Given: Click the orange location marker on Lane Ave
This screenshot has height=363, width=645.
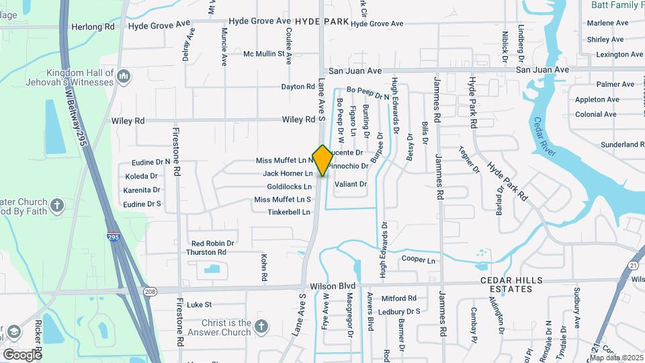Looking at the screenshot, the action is click(322, 160).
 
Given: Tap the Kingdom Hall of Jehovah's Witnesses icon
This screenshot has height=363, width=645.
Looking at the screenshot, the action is click(123, 78).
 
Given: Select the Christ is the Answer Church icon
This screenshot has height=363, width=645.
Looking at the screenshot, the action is click(261, 327).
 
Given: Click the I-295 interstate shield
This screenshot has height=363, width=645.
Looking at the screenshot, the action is click(113, 236).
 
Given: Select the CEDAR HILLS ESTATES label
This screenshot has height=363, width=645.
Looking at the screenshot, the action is click(515, 284).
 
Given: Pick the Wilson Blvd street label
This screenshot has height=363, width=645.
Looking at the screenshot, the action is click(331, 286).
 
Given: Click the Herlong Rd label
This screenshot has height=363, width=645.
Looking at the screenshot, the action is click(93, 27).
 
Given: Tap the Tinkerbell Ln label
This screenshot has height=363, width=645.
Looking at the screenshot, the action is click(289, 212).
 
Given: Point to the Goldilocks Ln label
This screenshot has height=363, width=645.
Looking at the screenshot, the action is click(289, 186).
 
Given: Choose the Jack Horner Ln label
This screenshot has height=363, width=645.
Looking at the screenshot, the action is click(288, 173).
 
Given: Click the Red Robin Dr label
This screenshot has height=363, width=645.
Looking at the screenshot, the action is click(212, 243).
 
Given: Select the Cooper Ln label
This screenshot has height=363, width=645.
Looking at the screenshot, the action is click(418, 260).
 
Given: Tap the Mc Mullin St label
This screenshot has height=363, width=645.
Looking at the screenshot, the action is click(264, 54).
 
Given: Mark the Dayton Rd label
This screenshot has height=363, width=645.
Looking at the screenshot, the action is click(298, 87).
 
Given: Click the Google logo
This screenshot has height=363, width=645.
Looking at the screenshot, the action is click(22, 354).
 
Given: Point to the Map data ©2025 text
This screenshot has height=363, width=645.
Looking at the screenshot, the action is click(616, 358).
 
